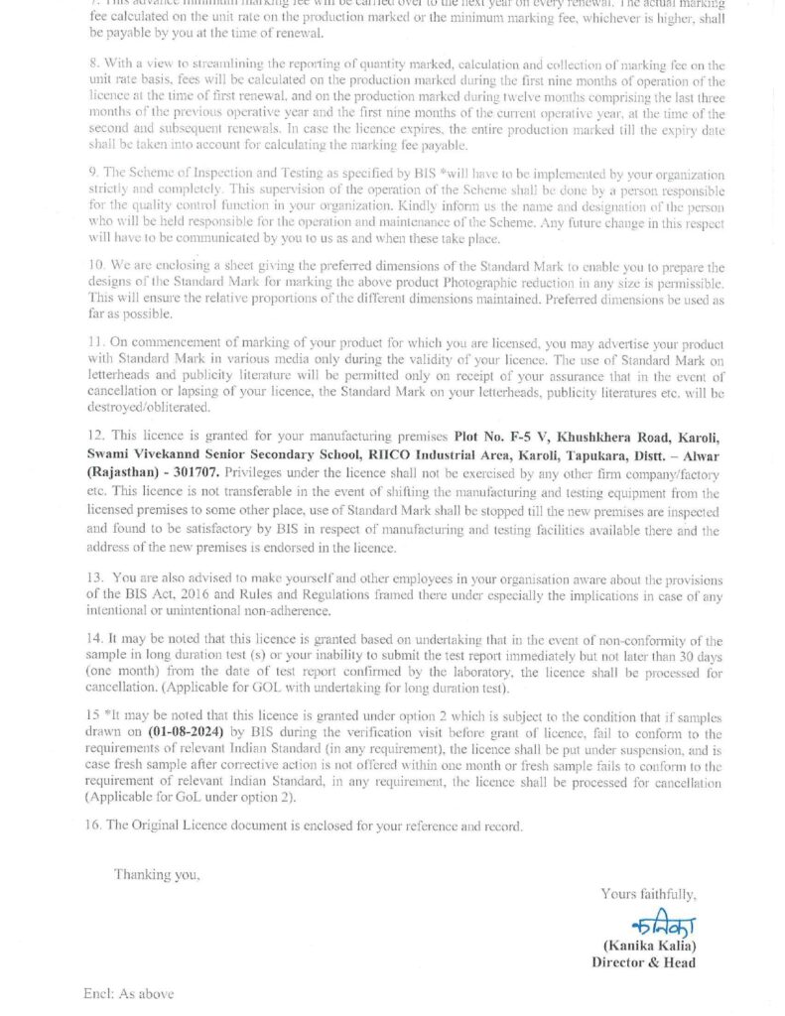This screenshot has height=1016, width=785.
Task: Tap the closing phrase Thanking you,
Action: pos(157,874)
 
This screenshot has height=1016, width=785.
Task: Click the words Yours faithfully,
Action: pos(648,894)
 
